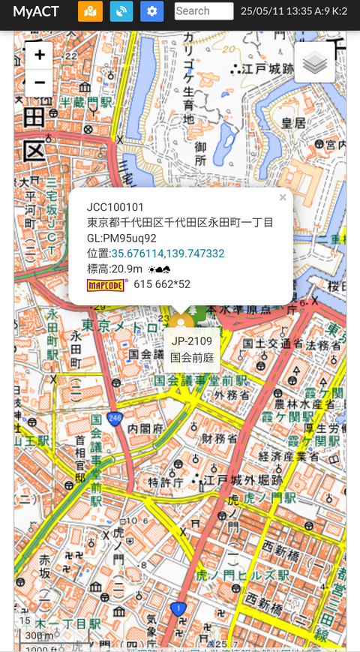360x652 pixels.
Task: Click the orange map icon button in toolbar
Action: point(90,11)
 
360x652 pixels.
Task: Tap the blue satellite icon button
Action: point(121,11)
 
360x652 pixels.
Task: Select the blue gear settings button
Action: point(151,11)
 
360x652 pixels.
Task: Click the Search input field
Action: point(204,11)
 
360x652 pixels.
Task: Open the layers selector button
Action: point(315,63)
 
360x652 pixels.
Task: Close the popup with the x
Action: point(283,198)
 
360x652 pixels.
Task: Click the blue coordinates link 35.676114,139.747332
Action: point(168,254)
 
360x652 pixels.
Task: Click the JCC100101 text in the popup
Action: point(115,207)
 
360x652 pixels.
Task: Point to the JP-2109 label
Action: point(192,341)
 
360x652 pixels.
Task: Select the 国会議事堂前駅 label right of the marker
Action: point(201,380)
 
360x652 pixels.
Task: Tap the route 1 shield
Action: point(178,608)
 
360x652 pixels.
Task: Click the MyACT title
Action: point(36,11)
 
